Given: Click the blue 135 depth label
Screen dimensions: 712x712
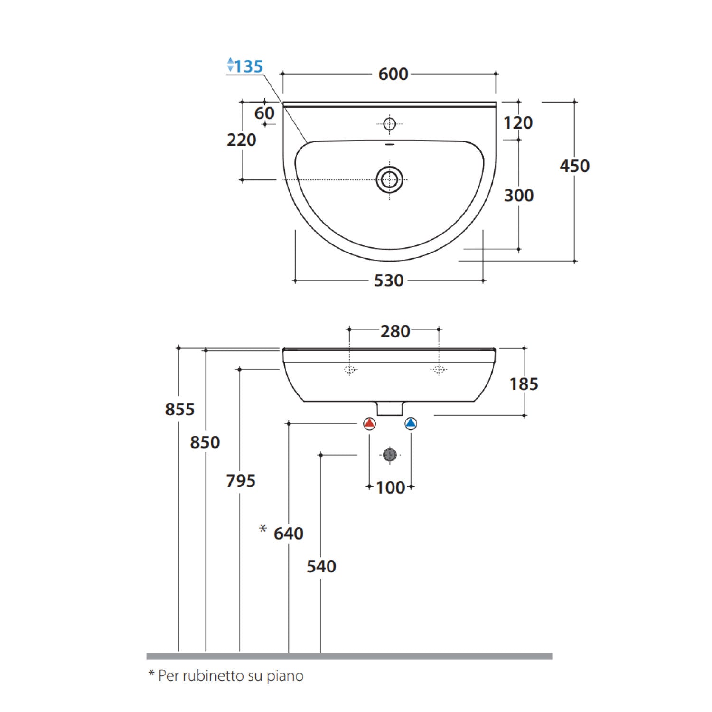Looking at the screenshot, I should (248, 66).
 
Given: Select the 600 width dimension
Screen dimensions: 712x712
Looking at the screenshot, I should (393, 74).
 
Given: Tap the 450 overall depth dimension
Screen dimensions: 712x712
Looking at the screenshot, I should (574, 166).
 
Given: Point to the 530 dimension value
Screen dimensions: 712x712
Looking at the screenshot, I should (389, 281).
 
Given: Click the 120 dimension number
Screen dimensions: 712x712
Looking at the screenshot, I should (518, 123).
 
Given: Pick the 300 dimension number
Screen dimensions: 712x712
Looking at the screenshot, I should (519, 195).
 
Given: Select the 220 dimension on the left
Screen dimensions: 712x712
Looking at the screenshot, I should (241, 140).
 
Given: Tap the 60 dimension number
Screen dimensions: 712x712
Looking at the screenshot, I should (264, 113).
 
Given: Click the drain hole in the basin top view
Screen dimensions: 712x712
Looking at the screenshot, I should (390, 180).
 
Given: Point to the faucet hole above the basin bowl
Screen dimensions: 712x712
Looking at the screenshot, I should (390, 124).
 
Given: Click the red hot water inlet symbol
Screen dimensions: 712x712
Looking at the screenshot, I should (369, 423).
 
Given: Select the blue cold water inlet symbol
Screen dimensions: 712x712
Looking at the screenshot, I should (411, 423).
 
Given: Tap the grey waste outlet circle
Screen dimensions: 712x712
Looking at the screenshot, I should (390, 455).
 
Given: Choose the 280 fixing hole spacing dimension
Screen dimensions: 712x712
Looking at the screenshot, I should (395, 331).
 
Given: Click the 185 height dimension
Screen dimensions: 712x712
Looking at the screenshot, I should (524, 384).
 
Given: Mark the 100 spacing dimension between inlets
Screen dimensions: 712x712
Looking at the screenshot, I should (390, 487).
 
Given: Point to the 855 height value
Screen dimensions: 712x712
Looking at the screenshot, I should (179, 409).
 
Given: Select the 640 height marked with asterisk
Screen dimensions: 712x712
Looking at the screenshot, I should (288, 533).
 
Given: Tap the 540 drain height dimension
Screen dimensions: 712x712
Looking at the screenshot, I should (321, 566).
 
